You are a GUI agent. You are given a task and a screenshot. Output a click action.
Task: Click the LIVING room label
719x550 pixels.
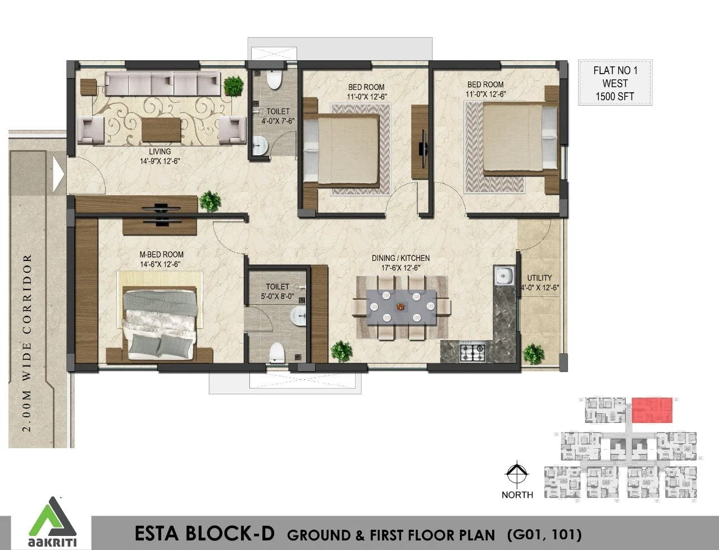pos(160,151)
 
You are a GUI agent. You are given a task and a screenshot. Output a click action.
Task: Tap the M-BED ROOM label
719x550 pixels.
pos(161,255)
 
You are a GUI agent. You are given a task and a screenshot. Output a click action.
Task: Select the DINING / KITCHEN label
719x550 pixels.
pos(401,259)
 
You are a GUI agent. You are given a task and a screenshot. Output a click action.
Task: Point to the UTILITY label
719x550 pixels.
pos(539,278)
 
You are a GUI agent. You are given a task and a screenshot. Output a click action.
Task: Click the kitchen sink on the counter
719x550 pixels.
pos(504,276)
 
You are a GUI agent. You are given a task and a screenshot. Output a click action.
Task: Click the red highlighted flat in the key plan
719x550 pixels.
pos(652,410)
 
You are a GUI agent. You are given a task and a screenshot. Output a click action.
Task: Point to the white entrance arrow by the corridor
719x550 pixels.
pos(58,174)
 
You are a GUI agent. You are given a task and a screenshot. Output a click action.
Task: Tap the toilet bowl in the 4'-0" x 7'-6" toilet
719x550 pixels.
pos(274,79)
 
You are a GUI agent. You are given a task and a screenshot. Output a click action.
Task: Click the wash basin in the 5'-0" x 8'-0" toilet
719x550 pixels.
pos(298,316)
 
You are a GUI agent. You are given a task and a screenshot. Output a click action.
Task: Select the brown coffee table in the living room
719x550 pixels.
pos(161,129)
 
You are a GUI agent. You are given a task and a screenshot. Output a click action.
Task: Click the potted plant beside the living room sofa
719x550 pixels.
pos(234,85)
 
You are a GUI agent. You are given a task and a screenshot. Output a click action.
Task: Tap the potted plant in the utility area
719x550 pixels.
pos(534,354)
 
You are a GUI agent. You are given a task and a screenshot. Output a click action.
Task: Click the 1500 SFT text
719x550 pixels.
pos(615,96)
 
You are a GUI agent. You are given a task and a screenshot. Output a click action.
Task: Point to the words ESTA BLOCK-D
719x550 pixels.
pos(204,534)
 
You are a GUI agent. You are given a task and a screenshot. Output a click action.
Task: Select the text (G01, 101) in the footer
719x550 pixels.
pos(544,535)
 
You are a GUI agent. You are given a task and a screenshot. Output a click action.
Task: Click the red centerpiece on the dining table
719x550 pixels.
pos(400,306)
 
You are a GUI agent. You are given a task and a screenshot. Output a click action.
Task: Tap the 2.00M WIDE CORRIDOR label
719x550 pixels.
pos(28,343)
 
